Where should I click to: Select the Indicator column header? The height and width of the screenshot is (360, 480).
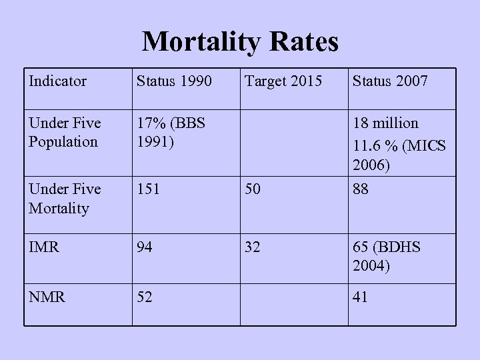[58, 82]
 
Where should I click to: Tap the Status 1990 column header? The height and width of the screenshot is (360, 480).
[174, 82]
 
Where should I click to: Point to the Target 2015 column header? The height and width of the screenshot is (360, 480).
[283, 82]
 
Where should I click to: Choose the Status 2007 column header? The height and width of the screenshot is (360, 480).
[391, 82]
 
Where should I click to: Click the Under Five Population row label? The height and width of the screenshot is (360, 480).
[65, 133]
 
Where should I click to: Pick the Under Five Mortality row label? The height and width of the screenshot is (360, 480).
[65, 199]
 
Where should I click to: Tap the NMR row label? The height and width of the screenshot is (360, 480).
[47, 297]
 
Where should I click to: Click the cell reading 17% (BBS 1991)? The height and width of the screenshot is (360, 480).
[171, 133]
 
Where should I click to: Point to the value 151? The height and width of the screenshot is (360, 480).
[149, 189]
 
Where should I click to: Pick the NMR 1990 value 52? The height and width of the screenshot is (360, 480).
[145, 297]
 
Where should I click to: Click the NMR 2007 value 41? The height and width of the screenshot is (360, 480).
[361, 297]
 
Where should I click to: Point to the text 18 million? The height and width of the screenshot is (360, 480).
[386, 123]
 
